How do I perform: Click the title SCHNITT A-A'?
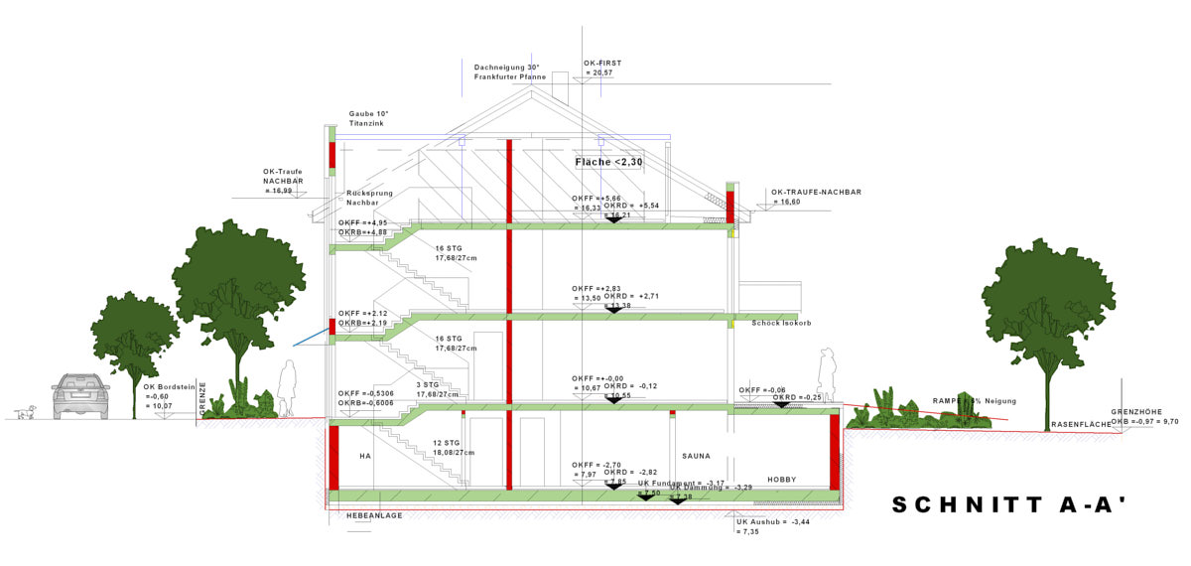[x=1009, y=505]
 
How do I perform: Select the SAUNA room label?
[x=696, y=456]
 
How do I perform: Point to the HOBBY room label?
[x=782, y=480]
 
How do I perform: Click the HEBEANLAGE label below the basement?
[x=374, y=516]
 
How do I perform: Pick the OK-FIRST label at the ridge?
[x=601, y=63]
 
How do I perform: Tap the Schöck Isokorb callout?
[x=781, y=323]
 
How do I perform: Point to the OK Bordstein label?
[x=165, y=387]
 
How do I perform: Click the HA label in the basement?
[x=365, y=456]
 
